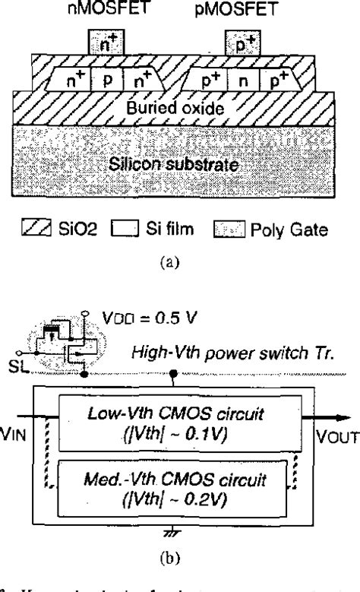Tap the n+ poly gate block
pos(105,46)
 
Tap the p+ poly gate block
pos(238,46)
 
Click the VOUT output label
pos(330,438)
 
